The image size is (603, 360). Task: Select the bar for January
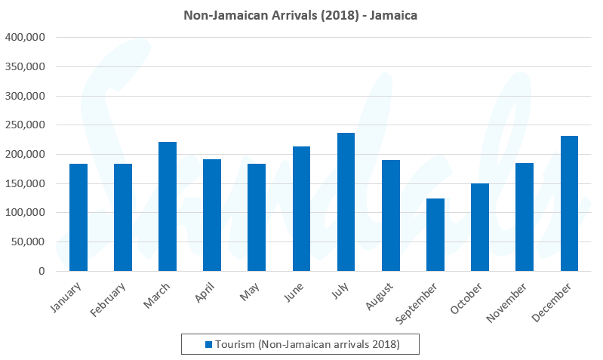click(78, 217)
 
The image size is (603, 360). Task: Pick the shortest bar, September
click(435, 235)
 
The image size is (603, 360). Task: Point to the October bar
click(480, 227)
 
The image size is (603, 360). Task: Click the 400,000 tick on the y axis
click(25, 37)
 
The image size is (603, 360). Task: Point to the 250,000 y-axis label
click(25, 125)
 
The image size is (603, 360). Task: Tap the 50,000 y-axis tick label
click(28, 242)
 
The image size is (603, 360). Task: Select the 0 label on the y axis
click(42, 272)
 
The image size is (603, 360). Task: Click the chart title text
click(301, 15)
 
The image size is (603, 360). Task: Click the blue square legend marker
click(209, 344)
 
